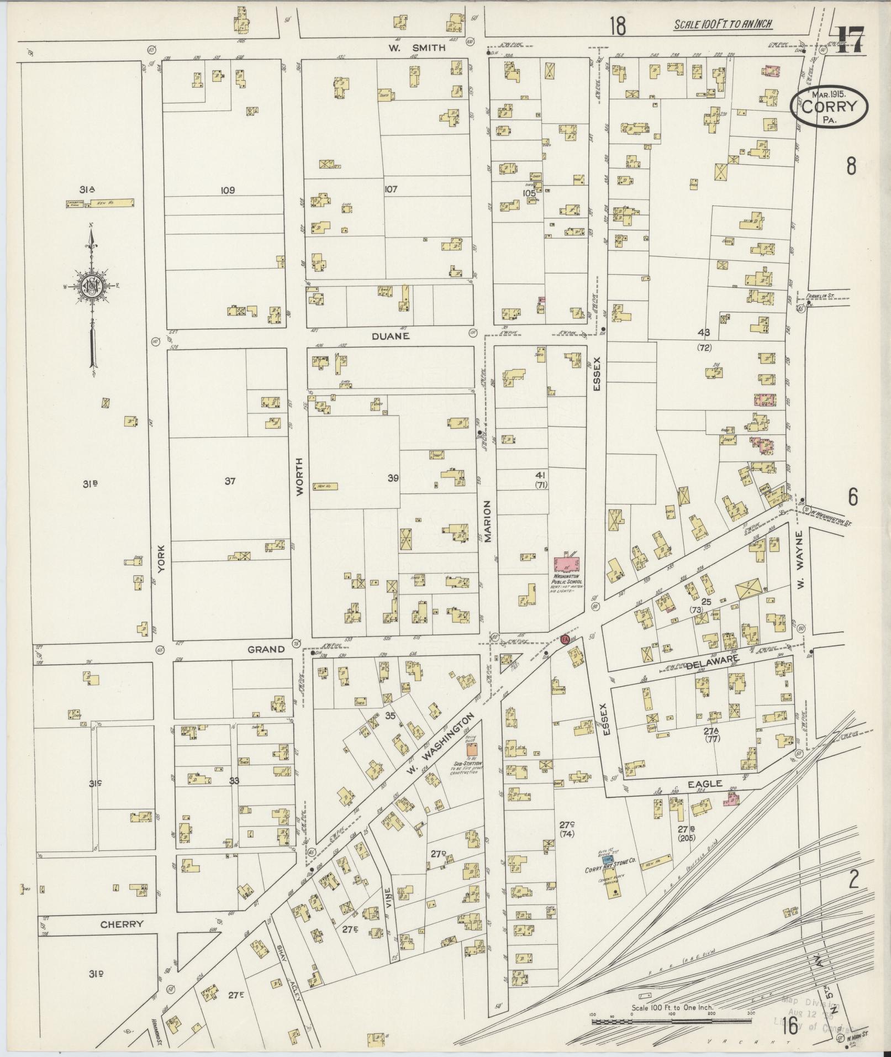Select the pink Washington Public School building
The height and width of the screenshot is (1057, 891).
pos(566,565)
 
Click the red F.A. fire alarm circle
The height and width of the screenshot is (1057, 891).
pos(565,639)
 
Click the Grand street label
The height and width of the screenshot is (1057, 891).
pos(266,650)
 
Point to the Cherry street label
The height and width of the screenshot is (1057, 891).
pos(122,924)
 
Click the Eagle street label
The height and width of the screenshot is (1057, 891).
pos(705,784)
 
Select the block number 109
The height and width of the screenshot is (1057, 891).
pos(227,191)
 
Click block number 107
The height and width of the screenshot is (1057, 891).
pos(391,190)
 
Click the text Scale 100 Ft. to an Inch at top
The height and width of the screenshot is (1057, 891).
pos(723,24)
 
